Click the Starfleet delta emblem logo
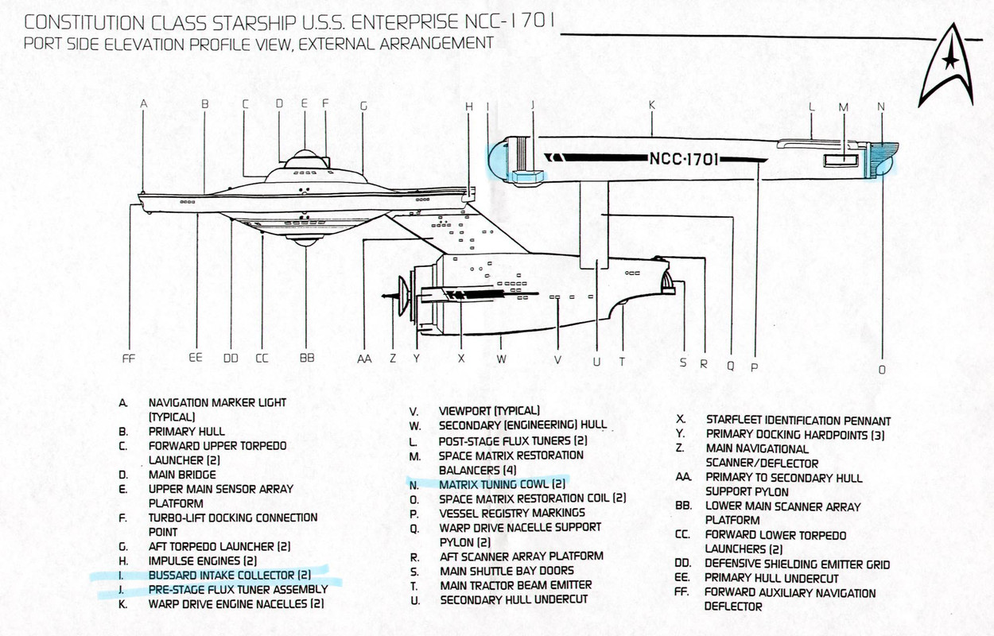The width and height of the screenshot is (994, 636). pos(947,67)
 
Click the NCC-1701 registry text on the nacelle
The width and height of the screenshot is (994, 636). pos(683,159)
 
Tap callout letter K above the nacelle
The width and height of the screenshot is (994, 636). pos(652,105)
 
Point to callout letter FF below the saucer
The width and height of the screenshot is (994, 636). pos(128,359)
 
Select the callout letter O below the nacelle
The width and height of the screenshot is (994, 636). pos(882,370)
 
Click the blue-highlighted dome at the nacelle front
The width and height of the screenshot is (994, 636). pos(497,161)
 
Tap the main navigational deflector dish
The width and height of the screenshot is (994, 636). pos(403,296)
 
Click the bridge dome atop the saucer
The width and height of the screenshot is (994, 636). pos(305,158)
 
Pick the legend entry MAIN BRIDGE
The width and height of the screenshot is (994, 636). pos(182,475)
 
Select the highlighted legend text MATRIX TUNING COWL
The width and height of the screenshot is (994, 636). pos(502,484)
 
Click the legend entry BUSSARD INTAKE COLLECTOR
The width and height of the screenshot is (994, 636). pos(230,576)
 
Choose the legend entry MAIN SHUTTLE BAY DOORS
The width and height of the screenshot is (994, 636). pos(507,571)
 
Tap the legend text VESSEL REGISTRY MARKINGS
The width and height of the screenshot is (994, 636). pos(512,513)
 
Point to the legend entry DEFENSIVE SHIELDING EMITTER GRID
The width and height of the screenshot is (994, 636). pos(797,564)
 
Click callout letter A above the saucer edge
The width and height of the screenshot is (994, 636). pos(143,104)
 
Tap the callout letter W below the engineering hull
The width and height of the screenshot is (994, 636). pos(501,359)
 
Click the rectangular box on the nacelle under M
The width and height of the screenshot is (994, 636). pos(841,160)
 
